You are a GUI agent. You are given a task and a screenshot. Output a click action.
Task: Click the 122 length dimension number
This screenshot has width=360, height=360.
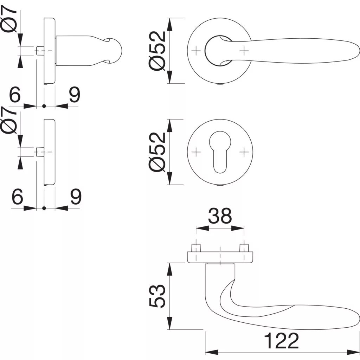coord(282,341)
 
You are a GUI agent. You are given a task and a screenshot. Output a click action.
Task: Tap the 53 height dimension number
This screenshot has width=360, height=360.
coord(157,296)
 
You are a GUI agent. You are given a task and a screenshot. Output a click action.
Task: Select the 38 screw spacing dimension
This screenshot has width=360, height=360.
coord(220,216)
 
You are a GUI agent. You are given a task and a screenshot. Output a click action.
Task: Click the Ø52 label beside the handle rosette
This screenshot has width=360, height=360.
coord(157,51)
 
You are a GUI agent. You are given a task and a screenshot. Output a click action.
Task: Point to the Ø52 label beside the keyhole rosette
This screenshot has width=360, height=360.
coord(157,152)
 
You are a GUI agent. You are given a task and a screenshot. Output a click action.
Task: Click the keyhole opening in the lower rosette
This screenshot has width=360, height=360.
coord(220,152)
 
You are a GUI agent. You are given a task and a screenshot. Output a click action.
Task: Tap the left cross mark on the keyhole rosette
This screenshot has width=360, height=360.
coord(196,152)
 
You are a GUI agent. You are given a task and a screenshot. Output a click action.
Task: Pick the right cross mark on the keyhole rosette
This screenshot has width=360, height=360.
coord(244,152)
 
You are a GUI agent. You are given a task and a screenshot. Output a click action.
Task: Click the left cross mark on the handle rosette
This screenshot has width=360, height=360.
coord(196,51)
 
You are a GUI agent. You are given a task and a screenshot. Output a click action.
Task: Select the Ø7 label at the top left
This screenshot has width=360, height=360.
coord(9,19)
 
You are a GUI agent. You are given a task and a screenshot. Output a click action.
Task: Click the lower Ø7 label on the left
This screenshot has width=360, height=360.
coord(9,120)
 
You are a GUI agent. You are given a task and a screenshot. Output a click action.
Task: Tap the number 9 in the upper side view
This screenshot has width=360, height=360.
coord(75,94)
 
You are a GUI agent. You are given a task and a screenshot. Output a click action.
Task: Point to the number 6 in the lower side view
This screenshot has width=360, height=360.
coord(17,196)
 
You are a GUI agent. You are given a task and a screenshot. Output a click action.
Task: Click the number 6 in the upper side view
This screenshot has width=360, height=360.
coord(15,94)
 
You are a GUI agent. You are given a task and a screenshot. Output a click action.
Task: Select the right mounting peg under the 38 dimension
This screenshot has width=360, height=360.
coord(244,248)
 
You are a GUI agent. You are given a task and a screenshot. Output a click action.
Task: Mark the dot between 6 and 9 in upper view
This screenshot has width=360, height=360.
coord(44,106)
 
